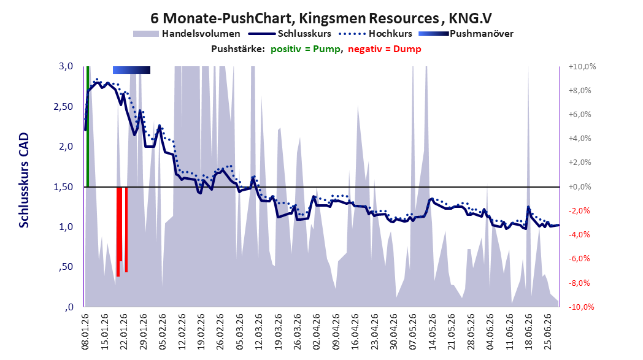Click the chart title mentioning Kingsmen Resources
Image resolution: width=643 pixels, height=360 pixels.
click(321, 18)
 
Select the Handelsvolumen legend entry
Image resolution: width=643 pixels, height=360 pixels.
click(187, 34)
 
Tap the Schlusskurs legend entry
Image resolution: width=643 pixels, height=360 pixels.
click(290, 34)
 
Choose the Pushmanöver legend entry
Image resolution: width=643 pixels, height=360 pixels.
click(466, 34)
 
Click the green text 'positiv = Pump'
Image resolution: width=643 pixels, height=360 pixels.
click(306, 49)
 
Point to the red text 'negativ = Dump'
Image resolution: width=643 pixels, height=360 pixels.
click(385, 49)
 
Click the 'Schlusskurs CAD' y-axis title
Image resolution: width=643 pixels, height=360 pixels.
click(24, 180)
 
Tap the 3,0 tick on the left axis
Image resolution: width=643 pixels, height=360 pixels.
click(66, 66)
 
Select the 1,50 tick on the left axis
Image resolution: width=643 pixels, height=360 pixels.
click(63, 186)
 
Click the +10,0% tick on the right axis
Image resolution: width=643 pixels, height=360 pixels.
click(582, 66)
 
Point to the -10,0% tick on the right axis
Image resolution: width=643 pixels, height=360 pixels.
click(581, 307)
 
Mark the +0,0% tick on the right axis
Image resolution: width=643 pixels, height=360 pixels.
click(580, 186)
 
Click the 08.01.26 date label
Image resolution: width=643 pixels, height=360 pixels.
click(85, 332)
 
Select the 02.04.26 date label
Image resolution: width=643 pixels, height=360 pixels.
click(316, 332)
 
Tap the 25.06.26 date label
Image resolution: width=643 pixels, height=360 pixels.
click(547, 332)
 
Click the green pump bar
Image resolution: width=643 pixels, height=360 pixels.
click(87, 126)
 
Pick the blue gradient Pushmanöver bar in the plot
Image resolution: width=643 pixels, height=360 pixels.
click(132, 70)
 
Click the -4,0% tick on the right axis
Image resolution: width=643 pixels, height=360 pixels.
click(580, 234)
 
